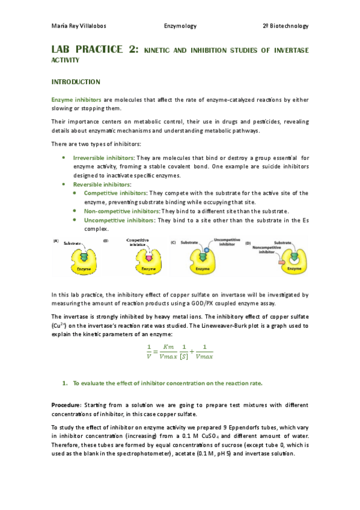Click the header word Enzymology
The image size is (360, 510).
point(180,26)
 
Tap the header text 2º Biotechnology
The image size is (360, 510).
point(285,26)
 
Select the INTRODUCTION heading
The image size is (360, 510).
point(75,82)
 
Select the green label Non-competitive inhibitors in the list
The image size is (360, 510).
point(121,211)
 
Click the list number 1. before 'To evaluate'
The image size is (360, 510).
point(65,382)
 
